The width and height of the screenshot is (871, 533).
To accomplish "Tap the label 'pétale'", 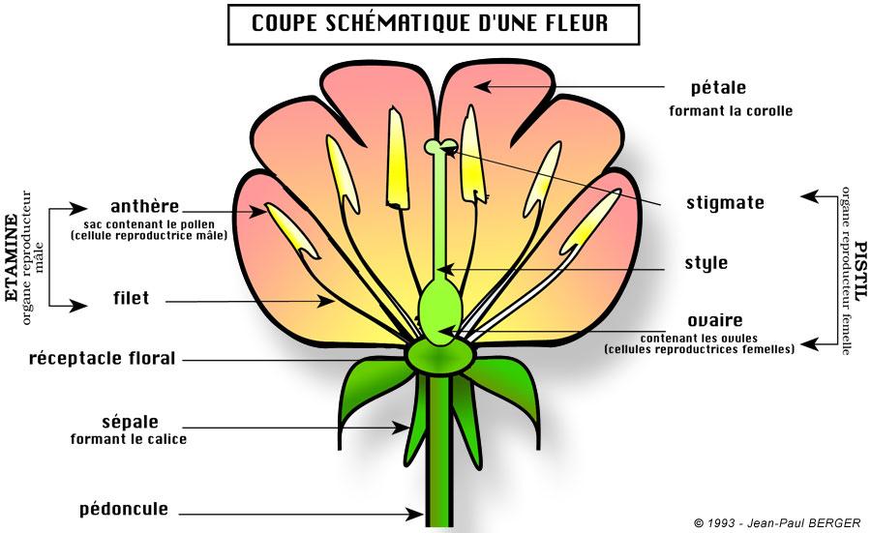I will coord(718,88).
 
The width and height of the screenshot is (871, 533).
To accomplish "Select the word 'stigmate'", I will coord(725,203).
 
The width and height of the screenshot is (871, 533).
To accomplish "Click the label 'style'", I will coord(706,262).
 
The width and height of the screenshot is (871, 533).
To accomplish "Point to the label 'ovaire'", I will coord(715,320).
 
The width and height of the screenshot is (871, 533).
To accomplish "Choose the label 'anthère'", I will coord(144,206).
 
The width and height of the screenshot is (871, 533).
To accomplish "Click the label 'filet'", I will coord(132,299).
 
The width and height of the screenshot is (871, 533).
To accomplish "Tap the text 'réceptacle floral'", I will coord(103,359).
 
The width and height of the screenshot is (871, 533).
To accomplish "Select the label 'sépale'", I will coord(130,422).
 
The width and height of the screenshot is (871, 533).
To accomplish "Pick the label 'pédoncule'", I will coord(124,509).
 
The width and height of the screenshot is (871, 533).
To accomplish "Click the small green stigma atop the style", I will coord(441,146).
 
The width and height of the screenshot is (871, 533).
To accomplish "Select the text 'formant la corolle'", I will coord(731,111).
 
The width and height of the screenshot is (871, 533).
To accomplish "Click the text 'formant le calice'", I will coord(129,439).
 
